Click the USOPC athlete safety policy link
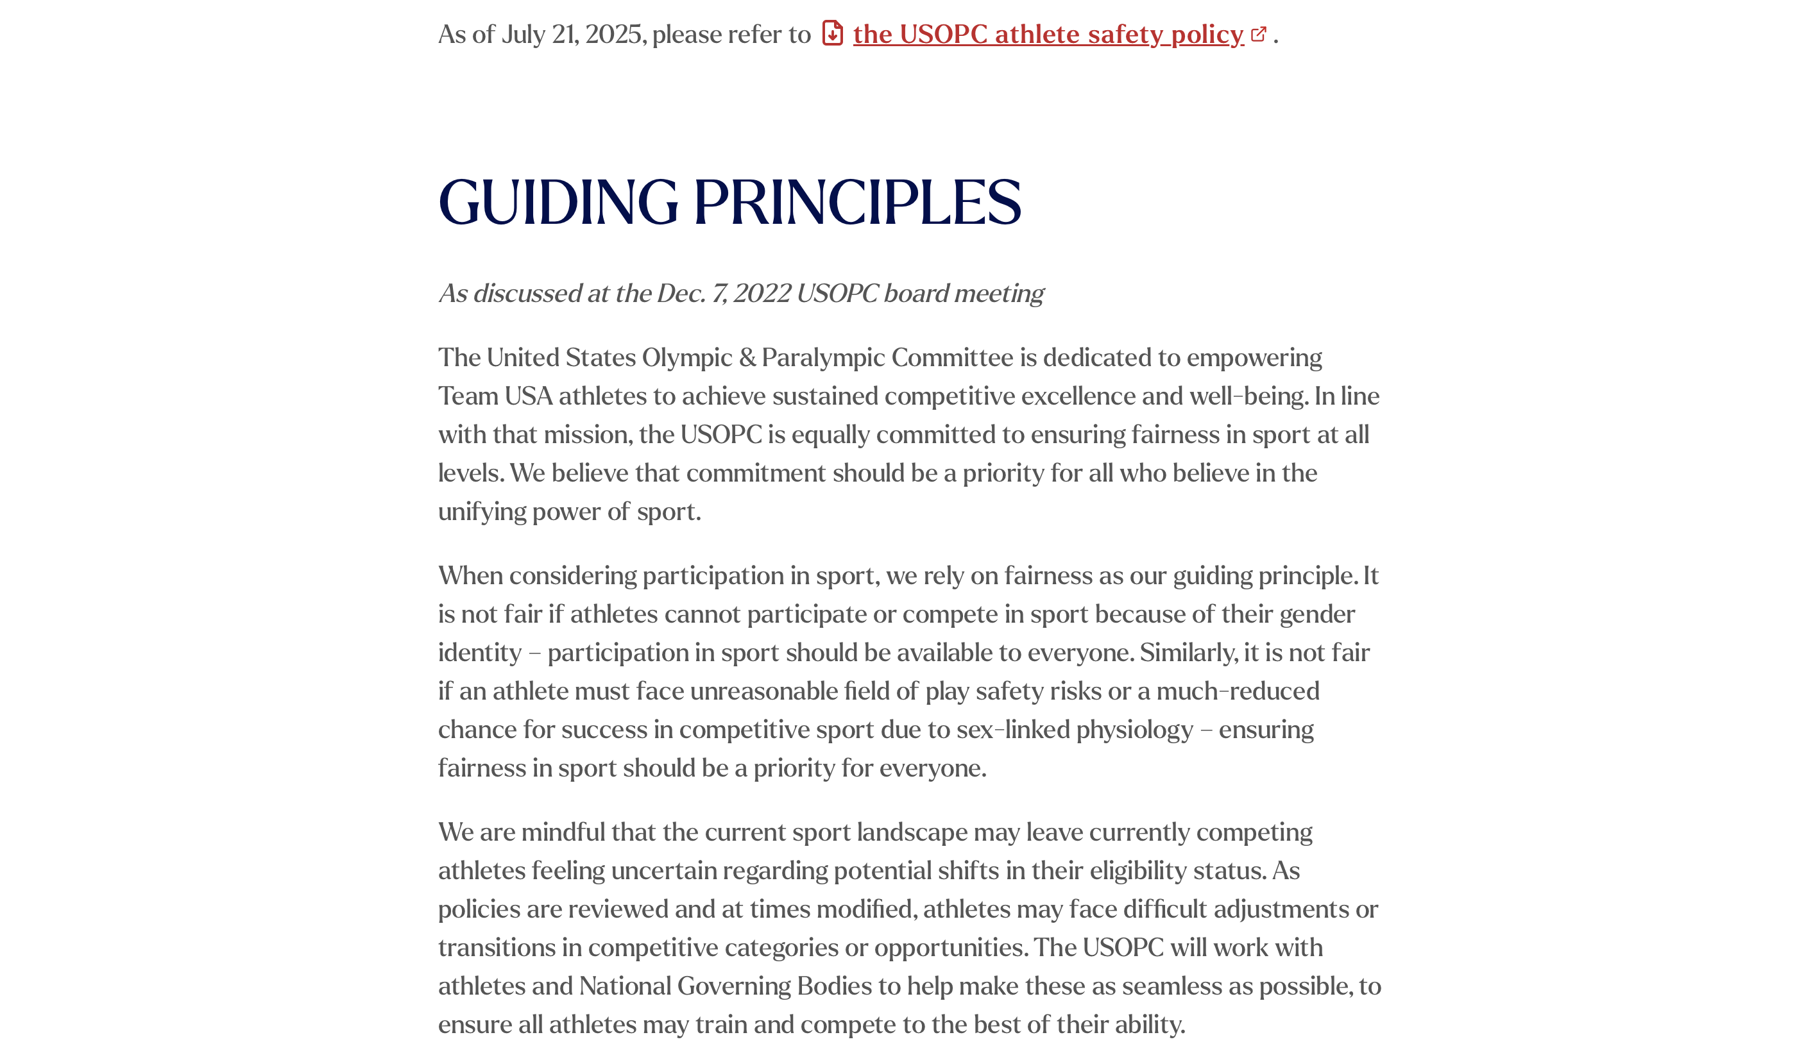click(1048, 35)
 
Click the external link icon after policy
click(1259, 34)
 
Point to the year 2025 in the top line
click(613, 35)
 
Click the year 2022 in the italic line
click(761, 294)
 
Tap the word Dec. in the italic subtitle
click(681, 294)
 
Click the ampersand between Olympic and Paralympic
click(747, 358)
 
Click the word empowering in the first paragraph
click(1254, 358)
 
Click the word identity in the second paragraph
click(479, 653)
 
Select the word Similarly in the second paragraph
click(1188, 653)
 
